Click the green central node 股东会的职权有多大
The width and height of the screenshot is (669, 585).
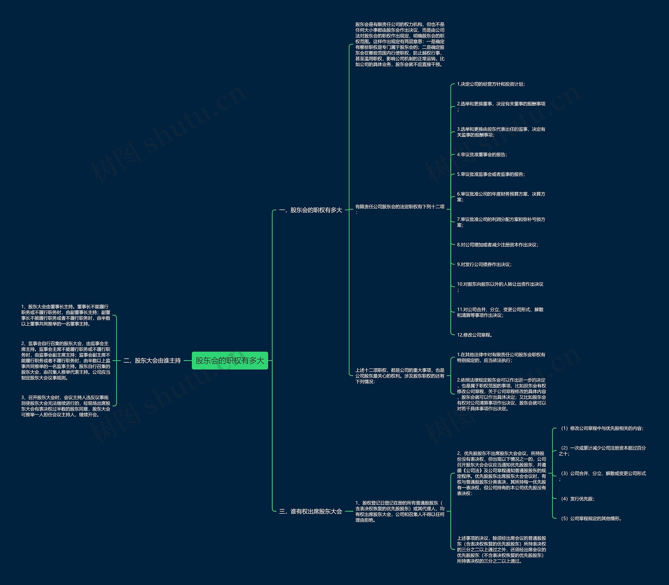[x=229, y=360]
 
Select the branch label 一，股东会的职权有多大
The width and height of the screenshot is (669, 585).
[x=310, y=210]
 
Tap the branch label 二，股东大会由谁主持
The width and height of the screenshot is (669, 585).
[x=152, y=360]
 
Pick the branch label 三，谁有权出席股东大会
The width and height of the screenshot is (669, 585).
[x=310, y=511]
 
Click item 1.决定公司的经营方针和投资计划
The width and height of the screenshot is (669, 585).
[x=491, y=84]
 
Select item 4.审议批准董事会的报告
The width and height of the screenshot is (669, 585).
[x=482, y=154]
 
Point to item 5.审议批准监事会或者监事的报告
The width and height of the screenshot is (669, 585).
[x=491, y=174]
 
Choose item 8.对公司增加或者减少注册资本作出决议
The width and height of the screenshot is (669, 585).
[x=497, y=245]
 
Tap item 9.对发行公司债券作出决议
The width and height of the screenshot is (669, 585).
[x=484, y=264]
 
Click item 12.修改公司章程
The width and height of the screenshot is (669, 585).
[x=474, y=335]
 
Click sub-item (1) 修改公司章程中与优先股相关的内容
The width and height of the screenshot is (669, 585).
[x=602, y=428]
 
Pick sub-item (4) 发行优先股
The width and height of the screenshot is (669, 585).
[x=577, y=499]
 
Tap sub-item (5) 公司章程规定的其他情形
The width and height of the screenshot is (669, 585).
[x=591, y=518]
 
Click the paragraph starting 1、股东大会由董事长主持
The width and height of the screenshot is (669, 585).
[x=66, y=315]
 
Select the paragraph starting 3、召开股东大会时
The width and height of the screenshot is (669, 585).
[x=66, y=406]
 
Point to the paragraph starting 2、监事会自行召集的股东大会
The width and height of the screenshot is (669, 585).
[x=66, y=360]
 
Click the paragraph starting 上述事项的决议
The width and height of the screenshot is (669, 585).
[x=501, y=549]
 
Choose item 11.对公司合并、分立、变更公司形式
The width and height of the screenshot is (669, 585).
[x=500, y=312]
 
